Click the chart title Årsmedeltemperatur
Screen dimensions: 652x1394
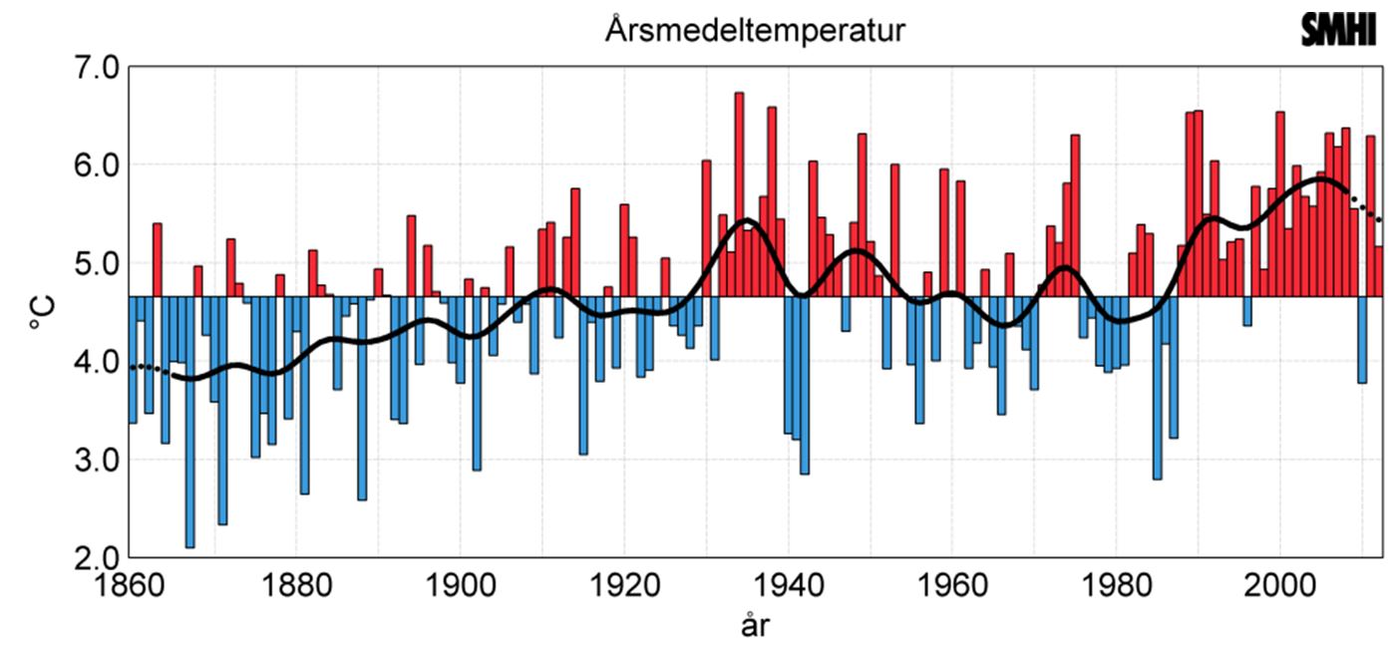click(754, 30)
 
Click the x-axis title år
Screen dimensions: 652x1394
click(755, 626)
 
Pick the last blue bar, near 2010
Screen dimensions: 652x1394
click(1362, 340)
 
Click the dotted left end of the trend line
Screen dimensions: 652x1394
click(148, 368)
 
